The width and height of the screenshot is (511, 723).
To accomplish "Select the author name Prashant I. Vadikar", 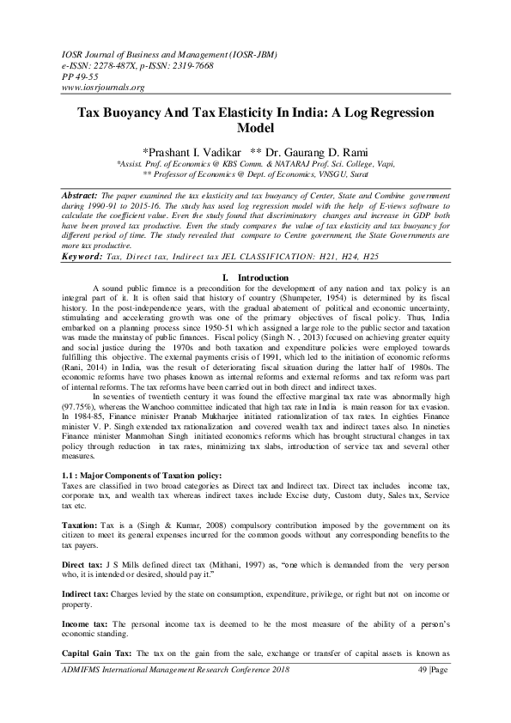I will [x=192, y=149].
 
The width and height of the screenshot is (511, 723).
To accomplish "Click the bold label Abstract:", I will [x=82, y=197].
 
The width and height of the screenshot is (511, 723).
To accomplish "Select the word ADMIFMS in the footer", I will [x=83, y=678].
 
